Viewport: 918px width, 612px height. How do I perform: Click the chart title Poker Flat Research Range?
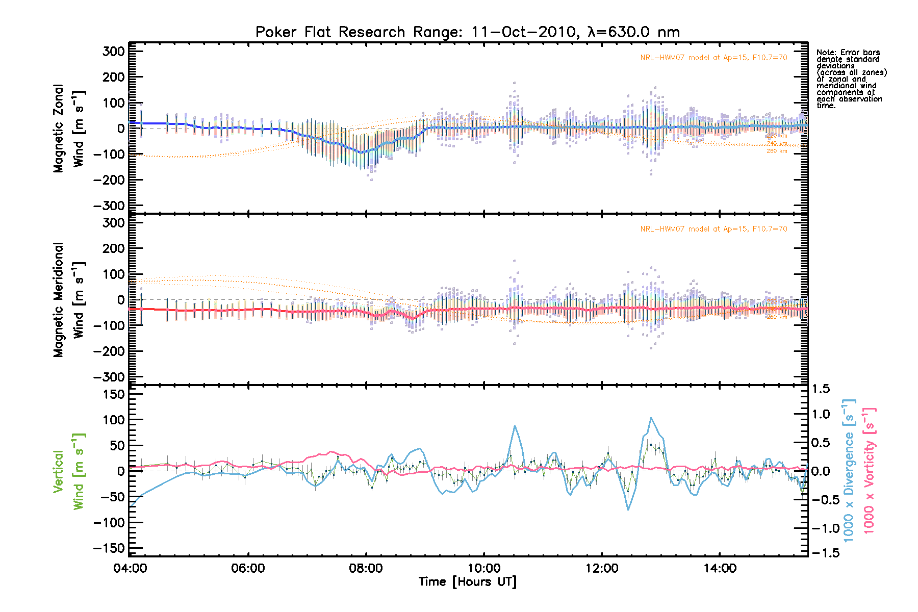coord(467,32)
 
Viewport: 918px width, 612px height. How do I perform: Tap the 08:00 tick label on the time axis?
coord(366,568)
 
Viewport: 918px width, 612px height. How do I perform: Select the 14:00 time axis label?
coord(719,568)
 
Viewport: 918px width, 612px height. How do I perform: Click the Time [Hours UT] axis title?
coord(467,582)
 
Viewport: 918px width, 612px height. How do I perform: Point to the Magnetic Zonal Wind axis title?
coord(69,129)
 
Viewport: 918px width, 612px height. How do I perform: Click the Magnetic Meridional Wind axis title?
coord(69,300)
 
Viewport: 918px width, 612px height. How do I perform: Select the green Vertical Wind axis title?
coord(69,471)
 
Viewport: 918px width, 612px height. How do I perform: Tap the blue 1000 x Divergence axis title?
coord(849,471)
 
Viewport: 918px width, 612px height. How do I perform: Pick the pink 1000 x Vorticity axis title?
coord(869,471)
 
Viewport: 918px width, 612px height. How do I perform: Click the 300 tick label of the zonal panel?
coord(113,52)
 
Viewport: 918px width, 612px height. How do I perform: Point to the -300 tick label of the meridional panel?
coord(109,377)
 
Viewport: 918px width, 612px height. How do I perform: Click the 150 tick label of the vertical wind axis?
coord(113,394)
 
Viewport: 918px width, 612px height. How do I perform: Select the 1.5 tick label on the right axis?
coord(821,389)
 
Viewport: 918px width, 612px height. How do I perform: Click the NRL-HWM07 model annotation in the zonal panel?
coord(713,58)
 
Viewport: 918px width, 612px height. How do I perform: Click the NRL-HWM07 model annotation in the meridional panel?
coord(713,229)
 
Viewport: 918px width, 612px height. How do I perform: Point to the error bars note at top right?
coord(851,79)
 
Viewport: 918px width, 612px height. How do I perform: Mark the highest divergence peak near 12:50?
coord(651,418)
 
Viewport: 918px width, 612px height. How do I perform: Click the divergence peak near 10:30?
coord(515,425)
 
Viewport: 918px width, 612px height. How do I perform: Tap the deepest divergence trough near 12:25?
coord(628,509)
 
